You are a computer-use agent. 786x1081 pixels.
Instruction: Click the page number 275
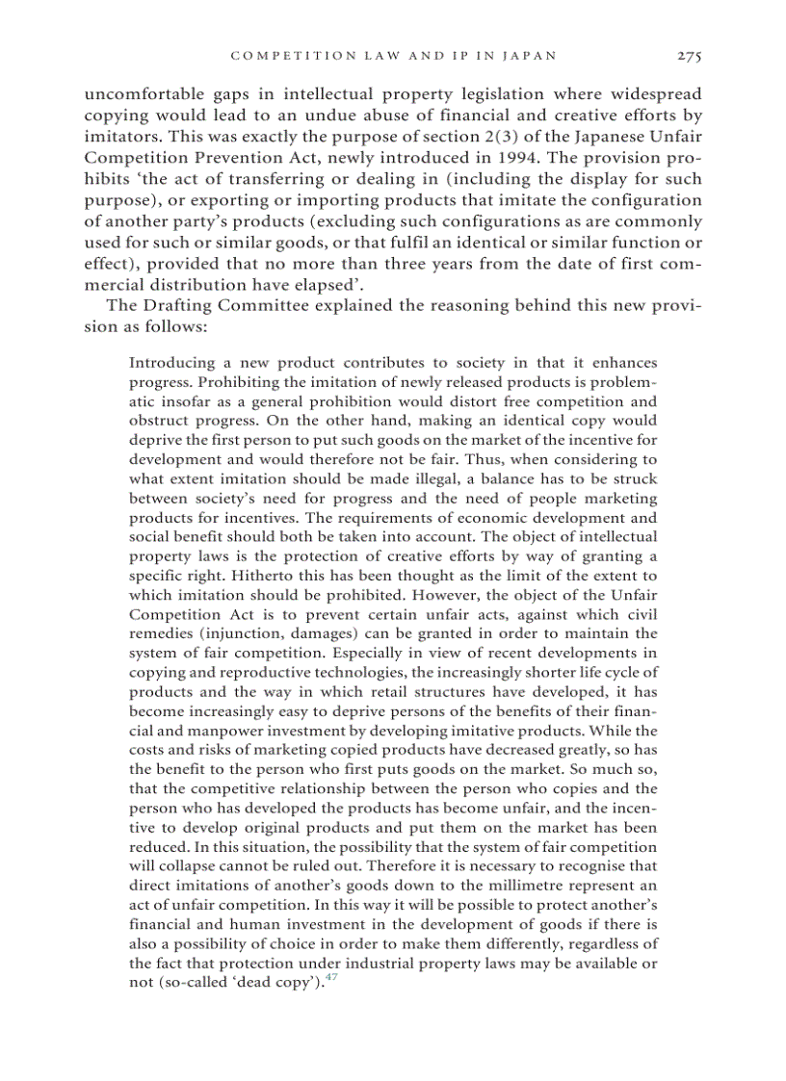coord(689,56)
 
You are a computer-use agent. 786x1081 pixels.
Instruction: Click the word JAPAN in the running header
coord(531,56)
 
